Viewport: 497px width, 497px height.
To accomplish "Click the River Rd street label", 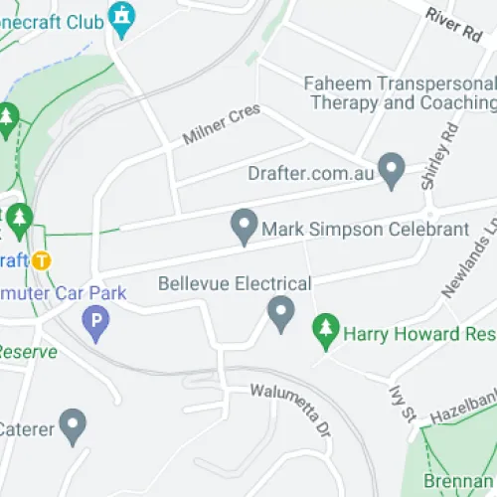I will (452, 24).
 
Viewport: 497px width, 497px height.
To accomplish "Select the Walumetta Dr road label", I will (289, 411).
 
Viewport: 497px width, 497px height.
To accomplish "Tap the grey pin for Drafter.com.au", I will (392, 167).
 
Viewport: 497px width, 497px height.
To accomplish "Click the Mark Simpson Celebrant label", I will (365, 230).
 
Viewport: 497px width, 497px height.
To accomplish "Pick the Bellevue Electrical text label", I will (235, 284).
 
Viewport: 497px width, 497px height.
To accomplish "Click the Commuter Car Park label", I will (64, 293).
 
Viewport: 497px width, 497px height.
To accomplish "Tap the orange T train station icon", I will (41, 261).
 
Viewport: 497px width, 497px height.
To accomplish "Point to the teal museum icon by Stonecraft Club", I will (121, 17).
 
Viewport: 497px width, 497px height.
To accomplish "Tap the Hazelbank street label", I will (462, 409).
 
